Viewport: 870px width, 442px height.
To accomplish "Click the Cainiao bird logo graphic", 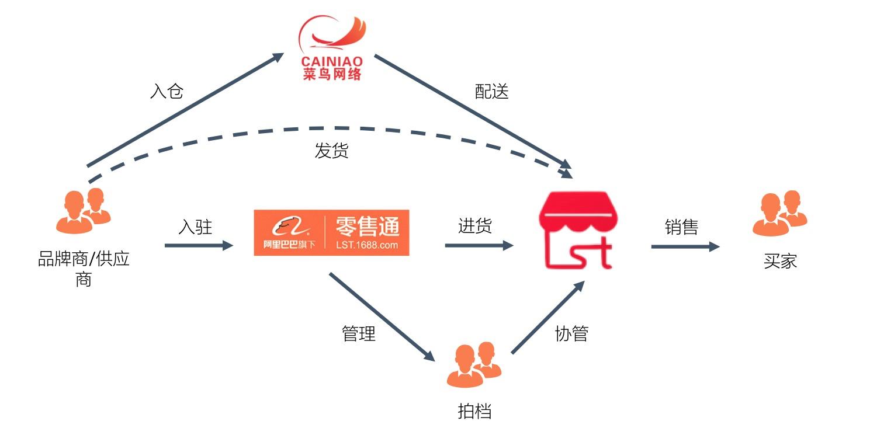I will point(332,34).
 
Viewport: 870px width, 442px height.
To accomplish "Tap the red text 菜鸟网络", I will point(332,74).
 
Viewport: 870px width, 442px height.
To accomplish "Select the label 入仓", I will point(167,92).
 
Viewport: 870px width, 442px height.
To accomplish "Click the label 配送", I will point(491,92).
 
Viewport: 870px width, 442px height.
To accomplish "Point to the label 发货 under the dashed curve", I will point(331,151).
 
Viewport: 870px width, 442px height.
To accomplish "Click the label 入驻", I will point(195,227).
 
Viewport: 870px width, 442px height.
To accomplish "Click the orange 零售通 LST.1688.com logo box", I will point(331,232).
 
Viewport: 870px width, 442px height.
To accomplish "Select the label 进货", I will point(475,227).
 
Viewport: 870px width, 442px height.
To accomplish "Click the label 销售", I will point(681,227).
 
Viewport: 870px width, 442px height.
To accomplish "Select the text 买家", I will point(780,261).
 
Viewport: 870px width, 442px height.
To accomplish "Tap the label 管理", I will point(358,333).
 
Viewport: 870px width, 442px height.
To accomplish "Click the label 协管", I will point(571,333).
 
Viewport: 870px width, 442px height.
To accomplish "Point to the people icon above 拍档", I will point(474,366).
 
